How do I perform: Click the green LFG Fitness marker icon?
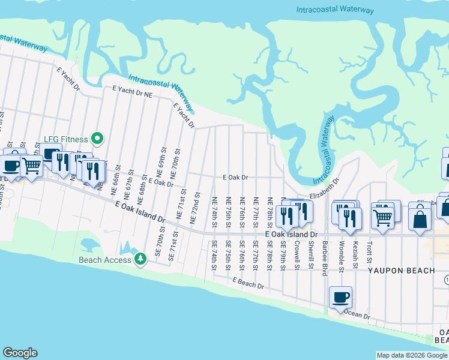[96, 139]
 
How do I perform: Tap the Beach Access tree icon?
[140, 259]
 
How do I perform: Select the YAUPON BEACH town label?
[401, 271]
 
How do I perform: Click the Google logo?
[20, 353]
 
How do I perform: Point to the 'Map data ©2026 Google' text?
[411, 355]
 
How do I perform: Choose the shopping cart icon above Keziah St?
[383, 217]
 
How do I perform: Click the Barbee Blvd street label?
[324, 257]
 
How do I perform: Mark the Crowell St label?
[297, 254]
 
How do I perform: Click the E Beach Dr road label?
[249, 283]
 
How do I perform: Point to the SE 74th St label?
[214, 255]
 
